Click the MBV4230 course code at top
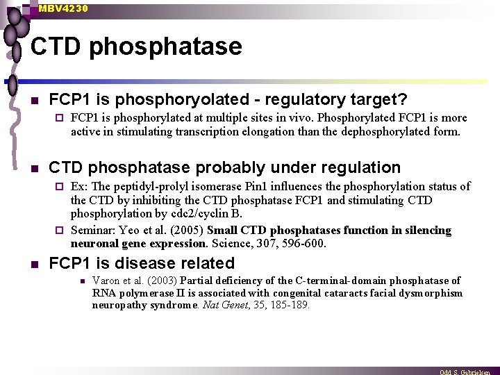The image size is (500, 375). [63, 8]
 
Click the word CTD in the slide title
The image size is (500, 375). [56, 47]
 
